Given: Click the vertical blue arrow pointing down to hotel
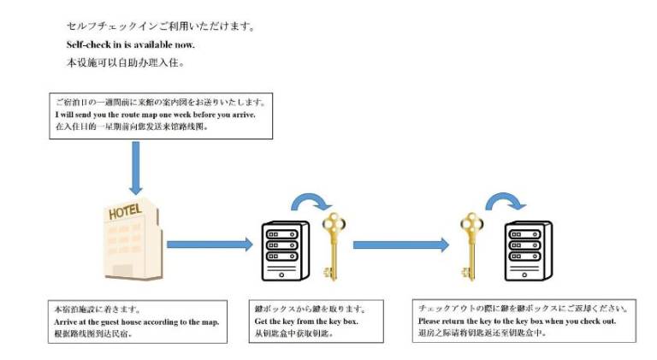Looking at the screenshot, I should click(134, 167).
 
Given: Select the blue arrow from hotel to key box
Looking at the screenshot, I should click(209, 245).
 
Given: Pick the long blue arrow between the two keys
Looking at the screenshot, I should click(400, 245).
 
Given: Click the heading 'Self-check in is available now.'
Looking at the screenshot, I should click(131, 44).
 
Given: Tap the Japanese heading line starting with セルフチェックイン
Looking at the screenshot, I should click(160, 27).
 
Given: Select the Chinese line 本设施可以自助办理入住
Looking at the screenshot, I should click(125, 62).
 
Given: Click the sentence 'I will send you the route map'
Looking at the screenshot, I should click(155, 114).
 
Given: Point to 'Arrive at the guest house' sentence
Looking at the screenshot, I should click(136, 322).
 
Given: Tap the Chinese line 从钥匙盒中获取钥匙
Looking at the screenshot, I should click(293, 333).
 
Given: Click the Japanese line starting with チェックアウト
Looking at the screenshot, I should click(524, 308).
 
